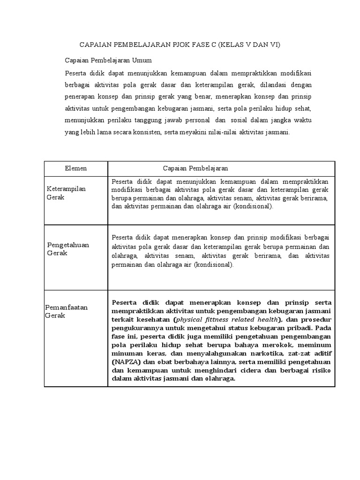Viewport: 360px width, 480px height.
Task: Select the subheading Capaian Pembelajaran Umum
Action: (108, 61)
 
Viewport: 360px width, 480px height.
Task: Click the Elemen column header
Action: (75, 168)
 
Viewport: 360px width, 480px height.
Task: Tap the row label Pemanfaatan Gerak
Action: (66, 311)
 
